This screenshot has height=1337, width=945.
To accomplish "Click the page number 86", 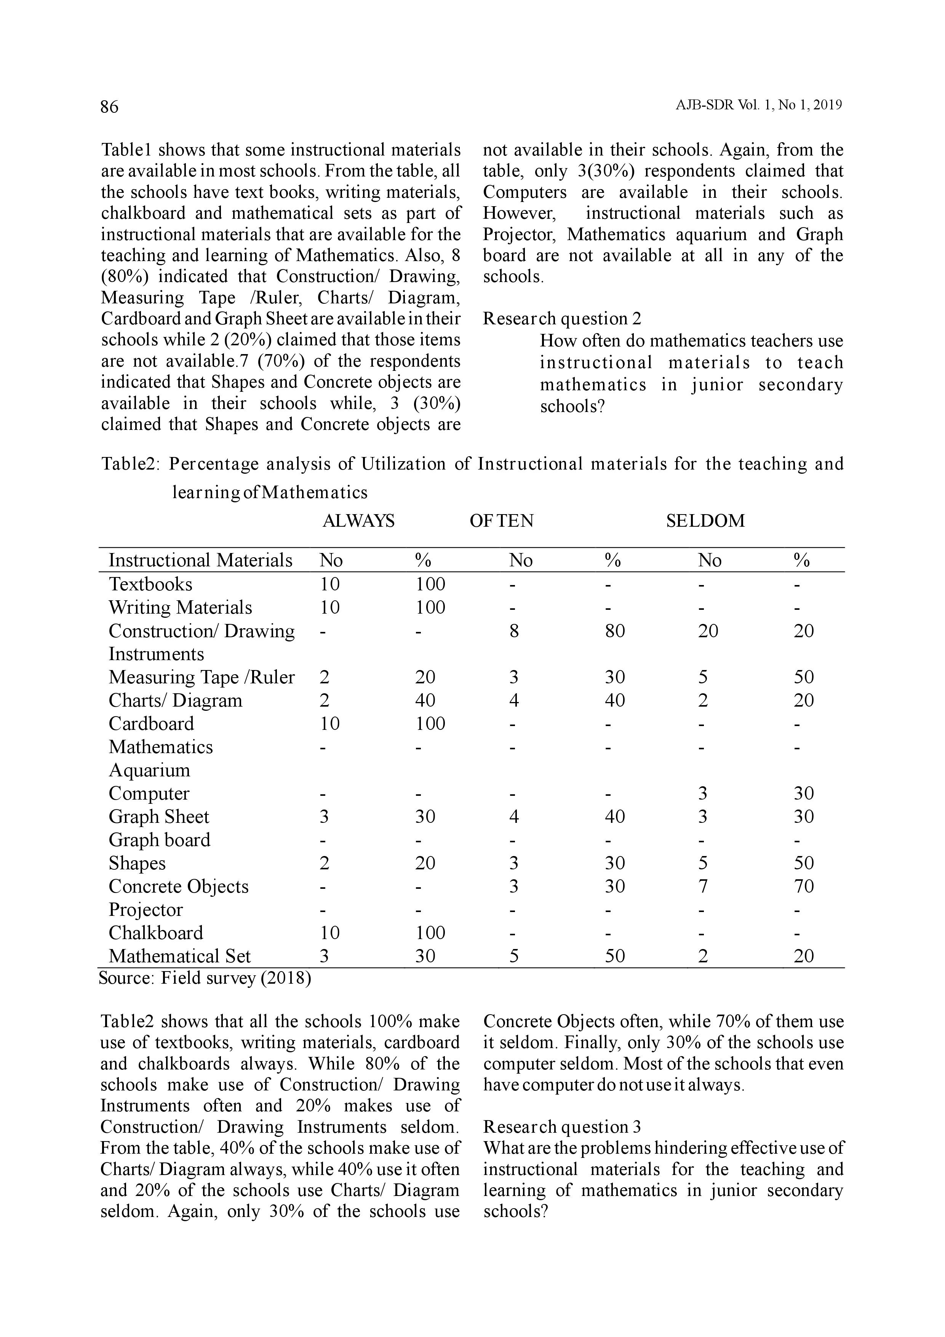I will coord(109,107).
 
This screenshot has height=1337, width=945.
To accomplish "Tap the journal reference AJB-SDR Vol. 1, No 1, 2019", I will coord(759,106).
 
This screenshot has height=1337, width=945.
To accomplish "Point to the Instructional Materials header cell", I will coord(200,560).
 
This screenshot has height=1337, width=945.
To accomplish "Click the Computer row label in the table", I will coord(149,794).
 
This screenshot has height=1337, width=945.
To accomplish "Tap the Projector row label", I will coord(146,910).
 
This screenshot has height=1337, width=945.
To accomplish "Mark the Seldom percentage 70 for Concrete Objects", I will coord(804,886).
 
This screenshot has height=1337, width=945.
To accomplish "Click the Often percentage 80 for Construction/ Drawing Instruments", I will coord(614,631).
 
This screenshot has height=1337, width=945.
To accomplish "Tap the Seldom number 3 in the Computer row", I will coord(703,794).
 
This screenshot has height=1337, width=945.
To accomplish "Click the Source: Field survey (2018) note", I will coord(205,978).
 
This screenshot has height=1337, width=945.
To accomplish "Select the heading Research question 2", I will coord(562,319).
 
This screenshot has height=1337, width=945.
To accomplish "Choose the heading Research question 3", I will coord(562,1127).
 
